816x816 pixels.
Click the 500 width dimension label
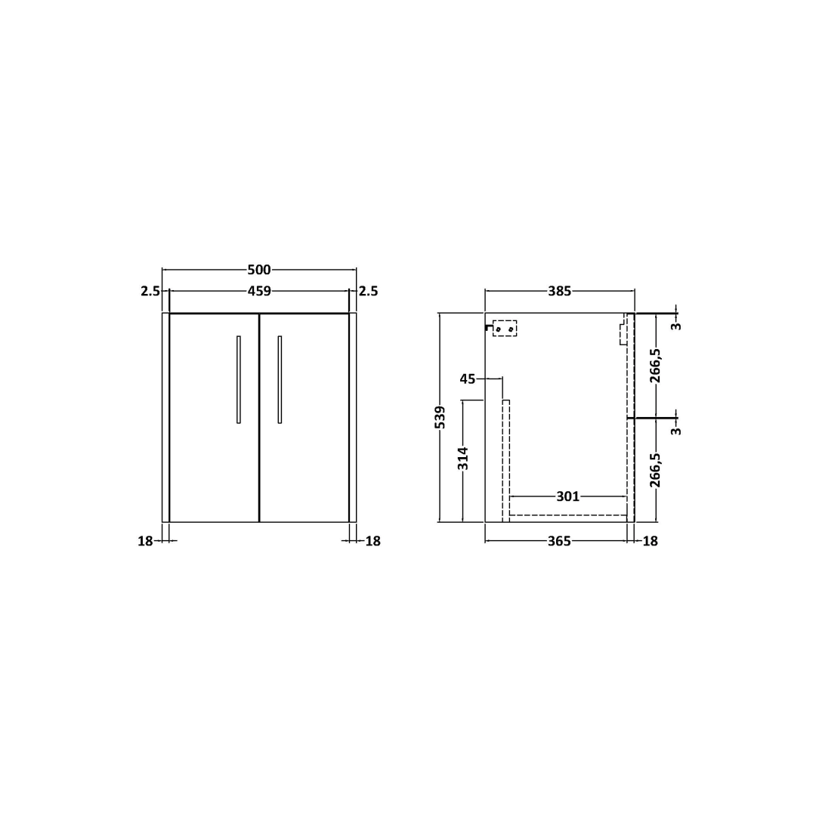[259, 270]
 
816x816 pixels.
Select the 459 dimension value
[259, 291]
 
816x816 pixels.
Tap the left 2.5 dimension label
[150, 291]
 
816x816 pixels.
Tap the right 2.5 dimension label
[368, 291]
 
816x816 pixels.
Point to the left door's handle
[238, 379]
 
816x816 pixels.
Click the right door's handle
[280, 379]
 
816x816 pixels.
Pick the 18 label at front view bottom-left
[145, 541]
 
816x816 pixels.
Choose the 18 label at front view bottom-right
[373, 541]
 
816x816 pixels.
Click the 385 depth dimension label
[559, 291]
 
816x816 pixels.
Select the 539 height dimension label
[440, 417]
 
